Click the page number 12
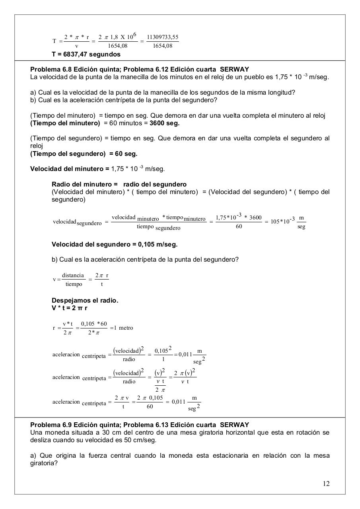pyautogui.click(x=326, y=484)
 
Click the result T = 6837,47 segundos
pyautogui.click(x=86, y=54)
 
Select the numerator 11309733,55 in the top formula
pyautogui.click(x=163, y=37)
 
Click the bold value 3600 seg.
pyautogui.click(x=165, y=123)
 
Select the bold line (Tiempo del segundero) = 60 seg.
pyautogui.click(x=84, y=153)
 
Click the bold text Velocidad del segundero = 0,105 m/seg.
pyautogui.click(x=115, y=244)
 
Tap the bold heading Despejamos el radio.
pyautogui.click(x=85, y=300)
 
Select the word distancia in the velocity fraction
pyautogui.click(x=73, y=276)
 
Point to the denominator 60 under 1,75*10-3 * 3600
pyautogui.click(x=239, y=227)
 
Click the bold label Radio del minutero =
pyautogui.click(x=85, y=185)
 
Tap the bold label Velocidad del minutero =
pyautogui.click(x=70, y=169)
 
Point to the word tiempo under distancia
pyautogui.click(x=74, y=284)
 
